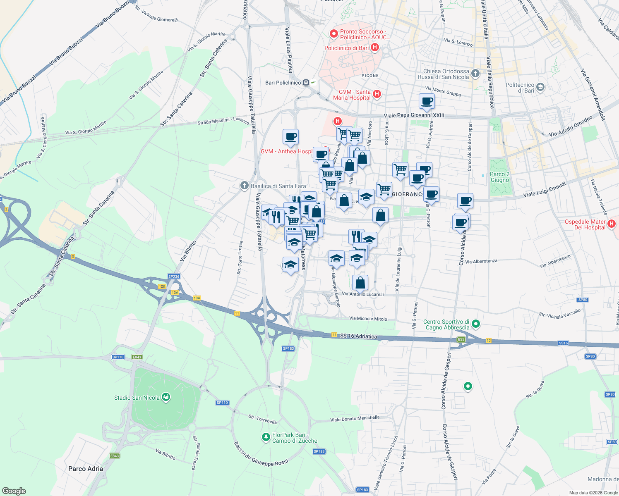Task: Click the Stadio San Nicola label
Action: (137, 398)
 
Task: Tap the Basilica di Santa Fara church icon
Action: (245, 186)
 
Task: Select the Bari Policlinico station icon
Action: (306, 83)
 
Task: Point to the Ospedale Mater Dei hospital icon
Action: (612, 224)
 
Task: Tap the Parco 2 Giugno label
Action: (499, 177)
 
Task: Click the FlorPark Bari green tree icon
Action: (266, 437)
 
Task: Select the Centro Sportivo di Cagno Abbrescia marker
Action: (476, 324)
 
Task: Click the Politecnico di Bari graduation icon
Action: (540, 87)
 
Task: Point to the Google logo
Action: (14, 491)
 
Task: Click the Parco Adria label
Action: (86, 469)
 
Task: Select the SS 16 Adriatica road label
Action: (358, 336)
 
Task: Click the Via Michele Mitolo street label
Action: (368, 319)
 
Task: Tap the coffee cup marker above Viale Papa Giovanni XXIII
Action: (427, 100)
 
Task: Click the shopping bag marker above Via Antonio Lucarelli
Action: (360, 283)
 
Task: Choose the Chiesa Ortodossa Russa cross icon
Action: (475, 74)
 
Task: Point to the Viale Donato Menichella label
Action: (355, 418)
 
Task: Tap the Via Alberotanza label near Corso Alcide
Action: (481, 262)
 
